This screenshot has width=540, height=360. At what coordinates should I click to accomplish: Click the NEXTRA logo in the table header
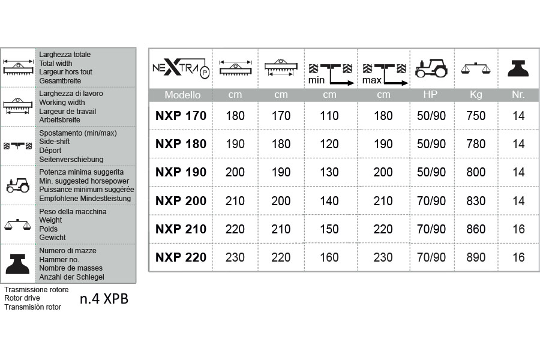[180, 68]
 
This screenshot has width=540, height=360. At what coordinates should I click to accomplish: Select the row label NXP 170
[181, 116]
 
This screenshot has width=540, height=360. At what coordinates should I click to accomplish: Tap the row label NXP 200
[181, 201]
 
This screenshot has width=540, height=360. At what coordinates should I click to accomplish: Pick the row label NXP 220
[181, 257]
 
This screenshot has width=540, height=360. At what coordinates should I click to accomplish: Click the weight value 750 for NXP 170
[476, 116]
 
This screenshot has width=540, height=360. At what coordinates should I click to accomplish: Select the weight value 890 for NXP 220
[476, 257]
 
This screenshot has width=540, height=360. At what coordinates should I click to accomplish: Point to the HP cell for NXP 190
[431, 172]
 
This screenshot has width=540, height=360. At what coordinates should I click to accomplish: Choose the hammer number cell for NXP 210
[518, 229]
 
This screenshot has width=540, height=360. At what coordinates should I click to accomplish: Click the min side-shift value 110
[329, 116]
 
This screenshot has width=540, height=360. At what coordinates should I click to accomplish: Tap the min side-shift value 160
[329, 257]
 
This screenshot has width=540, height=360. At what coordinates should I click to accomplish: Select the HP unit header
[431, 95]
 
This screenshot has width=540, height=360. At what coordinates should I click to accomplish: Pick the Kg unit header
[476, 95]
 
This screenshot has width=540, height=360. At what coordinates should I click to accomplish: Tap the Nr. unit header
[518, 95]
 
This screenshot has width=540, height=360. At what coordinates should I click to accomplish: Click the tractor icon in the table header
[431, 68]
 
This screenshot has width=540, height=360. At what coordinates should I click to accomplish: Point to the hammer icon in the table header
[518, 68]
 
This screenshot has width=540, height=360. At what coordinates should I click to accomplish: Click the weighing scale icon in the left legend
[18, 224]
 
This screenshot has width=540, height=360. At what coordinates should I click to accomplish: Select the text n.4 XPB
[104, 299]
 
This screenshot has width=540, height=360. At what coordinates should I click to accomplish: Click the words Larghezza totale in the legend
[65, 55]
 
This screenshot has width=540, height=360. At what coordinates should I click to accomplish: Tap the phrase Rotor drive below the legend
[22, 298]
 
